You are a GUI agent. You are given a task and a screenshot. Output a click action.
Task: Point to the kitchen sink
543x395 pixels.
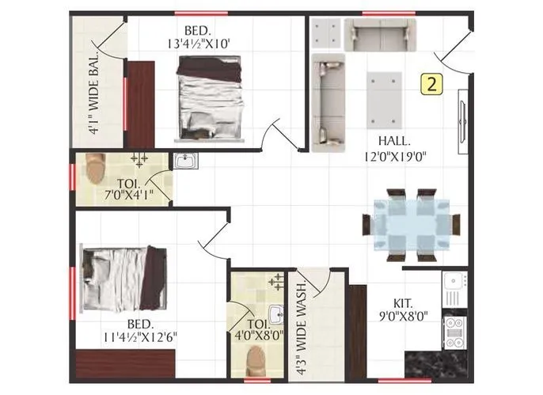click(x=454, y=282)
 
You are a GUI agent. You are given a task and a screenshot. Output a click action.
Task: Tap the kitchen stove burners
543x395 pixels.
click(x=454, y=332)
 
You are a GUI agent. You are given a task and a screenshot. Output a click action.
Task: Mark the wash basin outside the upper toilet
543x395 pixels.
click(x=184, y=161)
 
